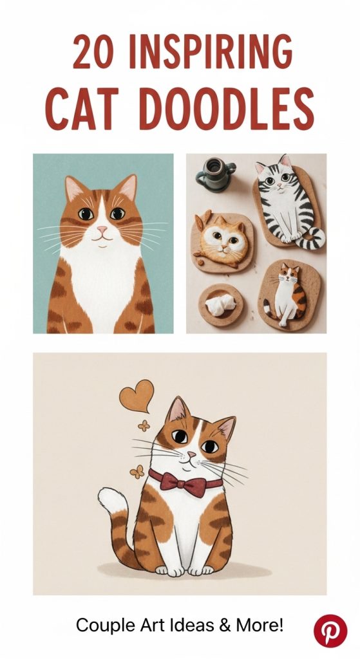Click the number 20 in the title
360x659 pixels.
(x=93, y=51)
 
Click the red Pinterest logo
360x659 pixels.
(x=330, y=631)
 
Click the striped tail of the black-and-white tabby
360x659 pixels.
(x=311, y=238)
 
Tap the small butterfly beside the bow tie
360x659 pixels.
(x=137, y=472)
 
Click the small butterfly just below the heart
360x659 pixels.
(x=144, y=426)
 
